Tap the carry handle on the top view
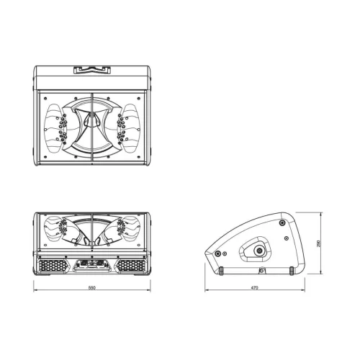point(91,70)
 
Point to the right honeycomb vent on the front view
point(130,265)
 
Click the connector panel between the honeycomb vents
point(91,265)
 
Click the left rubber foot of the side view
point(222,272)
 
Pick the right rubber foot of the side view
point(292,272)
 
